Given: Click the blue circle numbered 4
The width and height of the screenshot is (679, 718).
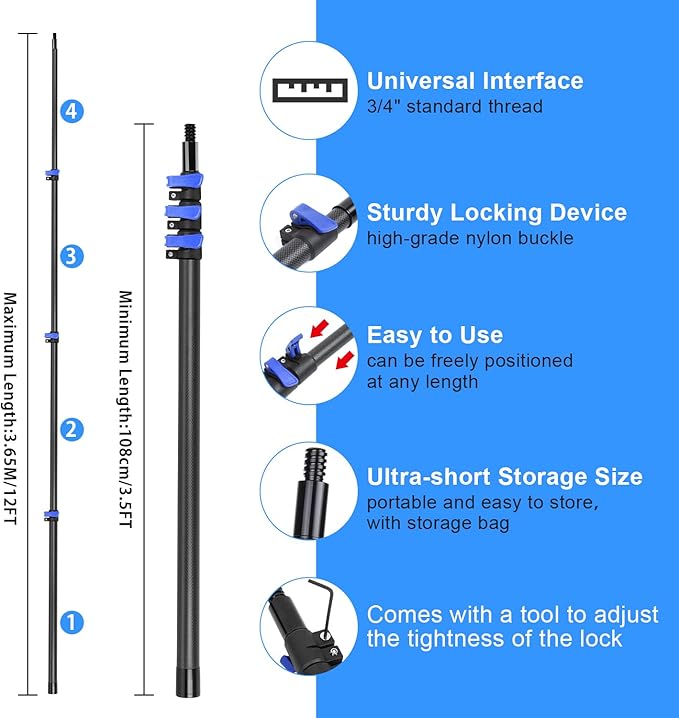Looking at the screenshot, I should click(70, 111).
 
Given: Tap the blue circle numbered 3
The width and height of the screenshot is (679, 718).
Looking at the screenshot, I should click(69, 256).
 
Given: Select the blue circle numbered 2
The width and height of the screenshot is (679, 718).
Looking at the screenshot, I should click(70, 429).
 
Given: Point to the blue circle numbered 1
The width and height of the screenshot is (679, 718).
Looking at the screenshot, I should click(70, 622).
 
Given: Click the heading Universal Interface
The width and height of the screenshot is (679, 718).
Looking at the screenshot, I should click(475, 81).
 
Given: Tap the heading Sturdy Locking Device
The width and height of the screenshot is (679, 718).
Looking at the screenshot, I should click(496, 213).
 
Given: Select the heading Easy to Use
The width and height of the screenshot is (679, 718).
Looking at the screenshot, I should click(434, 335).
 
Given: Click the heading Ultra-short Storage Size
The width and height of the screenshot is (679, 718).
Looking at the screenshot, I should click(504, 476).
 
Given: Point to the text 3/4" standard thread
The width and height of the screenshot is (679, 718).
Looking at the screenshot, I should click(455, 106).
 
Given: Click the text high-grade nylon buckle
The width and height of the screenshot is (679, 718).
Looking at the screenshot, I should click(470, 238).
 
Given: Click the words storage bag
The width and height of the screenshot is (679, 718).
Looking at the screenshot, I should click(472, 523).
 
